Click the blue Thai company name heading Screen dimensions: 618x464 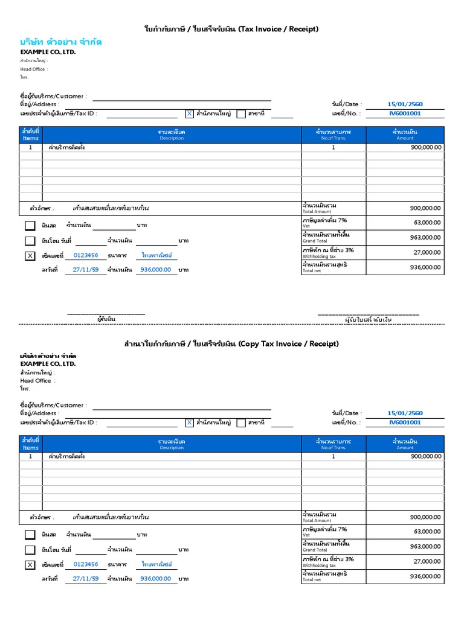click(60, 42)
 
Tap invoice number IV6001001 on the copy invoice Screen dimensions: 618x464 click(405, 422)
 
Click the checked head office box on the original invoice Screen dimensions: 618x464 click(189, 113)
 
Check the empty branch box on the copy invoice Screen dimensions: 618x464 click(241, 422)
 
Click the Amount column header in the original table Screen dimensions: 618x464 click(405, 135)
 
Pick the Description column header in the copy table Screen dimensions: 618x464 click(172, 444)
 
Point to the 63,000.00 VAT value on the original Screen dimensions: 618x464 click(427, 222)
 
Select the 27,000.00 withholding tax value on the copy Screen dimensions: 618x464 click(427, 561)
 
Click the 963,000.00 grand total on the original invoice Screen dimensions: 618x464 click(426, 237)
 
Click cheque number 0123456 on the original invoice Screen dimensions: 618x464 click(85, 255)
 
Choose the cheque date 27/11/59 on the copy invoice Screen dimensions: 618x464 click(85, 578)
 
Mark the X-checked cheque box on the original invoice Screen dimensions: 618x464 click(30, 256)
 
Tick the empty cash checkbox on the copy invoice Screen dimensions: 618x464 click(30, 535)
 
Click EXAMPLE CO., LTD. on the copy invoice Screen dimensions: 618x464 click(48, 364)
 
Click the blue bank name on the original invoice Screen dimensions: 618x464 click(156, 255)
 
